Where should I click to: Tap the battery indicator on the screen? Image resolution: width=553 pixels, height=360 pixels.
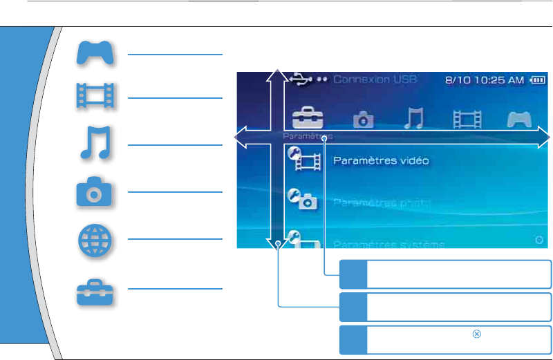point(537,80)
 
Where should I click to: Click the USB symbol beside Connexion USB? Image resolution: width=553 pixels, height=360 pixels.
point(302,79)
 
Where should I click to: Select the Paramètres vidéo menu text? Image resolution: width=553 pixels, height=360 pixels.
point(382,161)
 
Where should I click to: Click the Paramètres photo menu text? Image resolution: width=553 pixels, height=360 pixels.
point(382,203)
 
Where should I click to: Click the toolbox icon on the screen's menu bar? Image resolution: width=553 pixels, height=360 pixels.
point(306,118)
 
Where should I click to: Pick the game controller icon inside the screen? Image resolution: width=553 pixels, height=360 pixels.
point(518,119)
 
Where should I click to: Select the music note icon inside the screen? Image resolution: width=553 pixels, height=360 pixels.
point(413,118)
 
